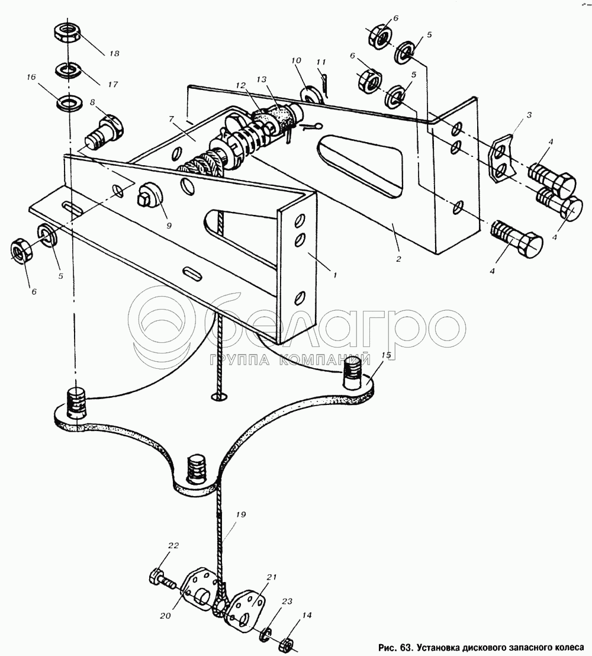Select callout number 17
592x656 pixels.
[x=112, y=84]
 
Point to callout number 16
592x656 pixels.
[x=31, y=78]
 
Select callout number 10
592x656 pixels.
[x=296, y=60]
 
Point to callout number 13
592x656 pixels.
[x=262, y=80]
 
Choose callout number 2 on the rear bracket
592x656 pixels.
[x=398, y=259]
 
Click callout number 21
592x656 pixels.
[x=271, y=577]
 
